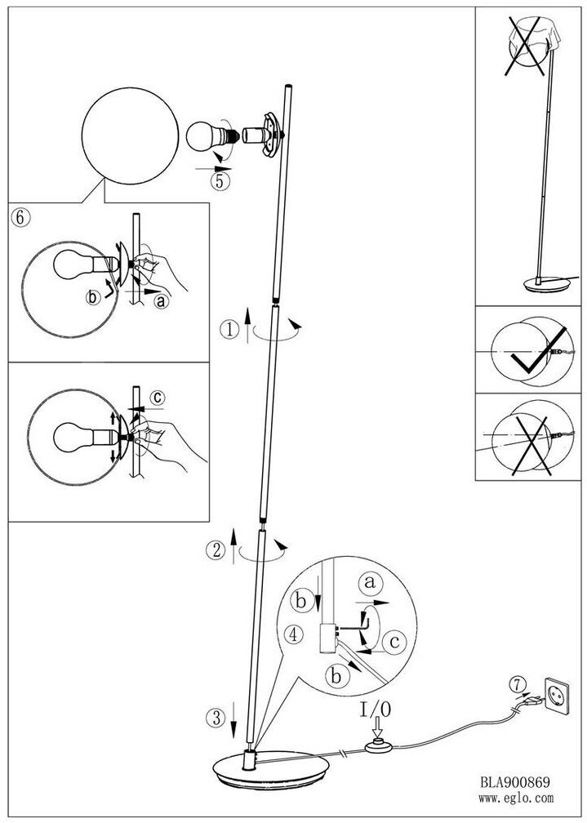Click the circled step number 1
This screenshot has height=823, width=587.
point(230,330)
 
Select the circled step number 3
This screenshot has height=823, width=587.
point(215,718)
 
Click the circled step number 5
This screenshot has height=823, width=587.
point(220,181)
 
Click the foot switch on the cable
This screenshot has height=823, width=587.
point(377,745)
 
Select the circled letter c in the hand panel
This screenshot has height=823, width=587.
point(158,398)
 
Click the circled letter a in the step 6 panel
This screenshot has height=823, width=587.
point(161,300)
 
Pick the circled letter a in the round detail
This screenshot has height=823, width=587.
point(370,582)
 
